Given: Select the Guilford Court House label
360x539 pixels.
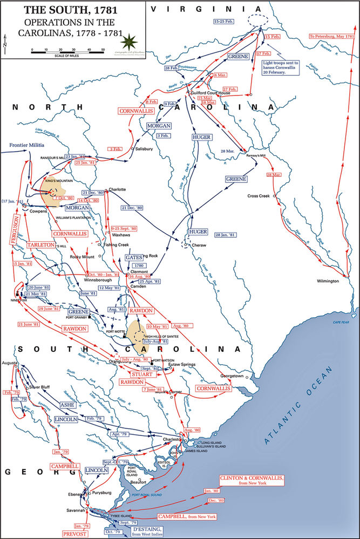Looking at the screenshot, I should pyautogui.click(x=210, y=93).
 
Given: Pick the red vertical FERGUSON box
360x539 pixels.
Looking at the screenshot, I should pyautogui.click(x=15, y=229).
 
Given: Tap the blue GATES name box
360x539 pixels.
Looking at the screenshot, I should pyautogui.click(x=134, y=258).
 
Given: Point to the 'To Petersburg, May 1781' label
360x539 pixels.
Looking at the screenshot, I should pyautogui.click(x=331, y=36).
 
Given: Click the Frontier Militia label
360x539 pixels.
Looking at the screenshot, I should pyautogui.click(x=26, y=145).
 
